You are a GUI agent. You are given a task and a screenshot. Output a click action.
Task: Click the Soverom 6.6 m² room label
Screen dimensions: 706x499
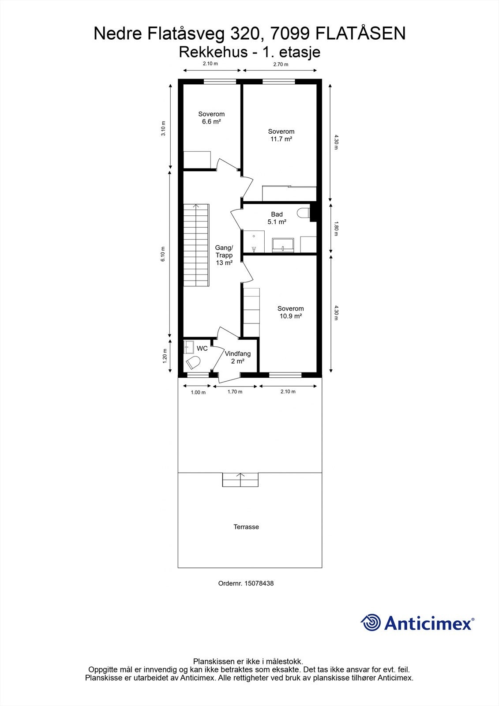[x=211, y=118]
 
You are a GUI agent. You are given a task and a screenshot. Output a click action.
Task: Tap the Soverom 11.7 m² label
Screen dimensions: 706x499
[x=281, y=135]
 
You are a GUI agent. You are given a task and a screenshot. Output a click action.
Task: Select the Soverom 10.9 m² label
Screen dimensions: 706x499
[x=290, y=312]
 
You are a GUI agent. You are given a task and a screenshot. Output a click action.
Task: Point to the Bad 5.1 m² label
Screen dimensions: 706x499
[x=277, y=218]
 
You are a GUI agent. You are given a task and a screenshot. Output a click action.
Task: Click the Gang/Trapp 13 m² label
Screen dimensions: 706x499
[x=224, y=255]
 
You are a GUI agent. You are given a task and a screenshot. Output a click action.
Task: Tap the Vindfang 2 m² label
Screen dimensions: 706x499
[x=237, y=357]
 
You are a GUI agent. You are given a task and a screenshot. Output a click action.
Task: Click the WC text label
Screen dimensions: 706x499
[x=202, y=349]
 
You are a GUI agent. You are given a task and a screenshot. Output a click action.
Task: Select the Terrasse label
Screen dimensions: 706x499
[x=246, y=527]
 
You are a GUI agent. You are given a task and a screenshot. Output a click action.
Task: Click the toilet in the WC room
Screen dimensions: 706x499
[x=193, y=363]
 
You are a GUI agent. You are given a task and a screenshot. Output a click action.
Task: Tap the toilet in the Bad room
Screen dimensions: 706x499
[x=303, y=213]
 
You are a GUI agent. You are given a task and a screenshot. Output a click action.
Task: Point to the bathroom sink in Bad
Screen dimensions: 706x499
[x=283, y=244]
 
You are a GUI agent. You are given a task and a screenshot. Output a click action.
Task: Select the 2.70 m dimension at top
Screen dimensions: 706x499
[x=281, y=64]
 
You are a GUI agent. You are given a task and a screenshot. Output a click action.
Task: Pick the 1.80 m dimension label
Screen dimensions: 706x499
[x=336, y=228]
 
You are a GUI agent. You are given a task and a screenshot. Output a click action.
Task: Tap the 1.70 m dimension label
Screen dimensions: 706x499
[x=235, y=391]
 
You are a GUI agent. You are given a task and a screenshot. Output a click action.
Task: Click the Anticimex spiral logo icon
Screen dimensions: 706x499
[x=371, y=623]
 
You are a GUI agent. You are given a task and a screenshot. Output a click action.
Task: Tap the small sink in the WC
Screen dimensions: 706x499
[x=188, y=346]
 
